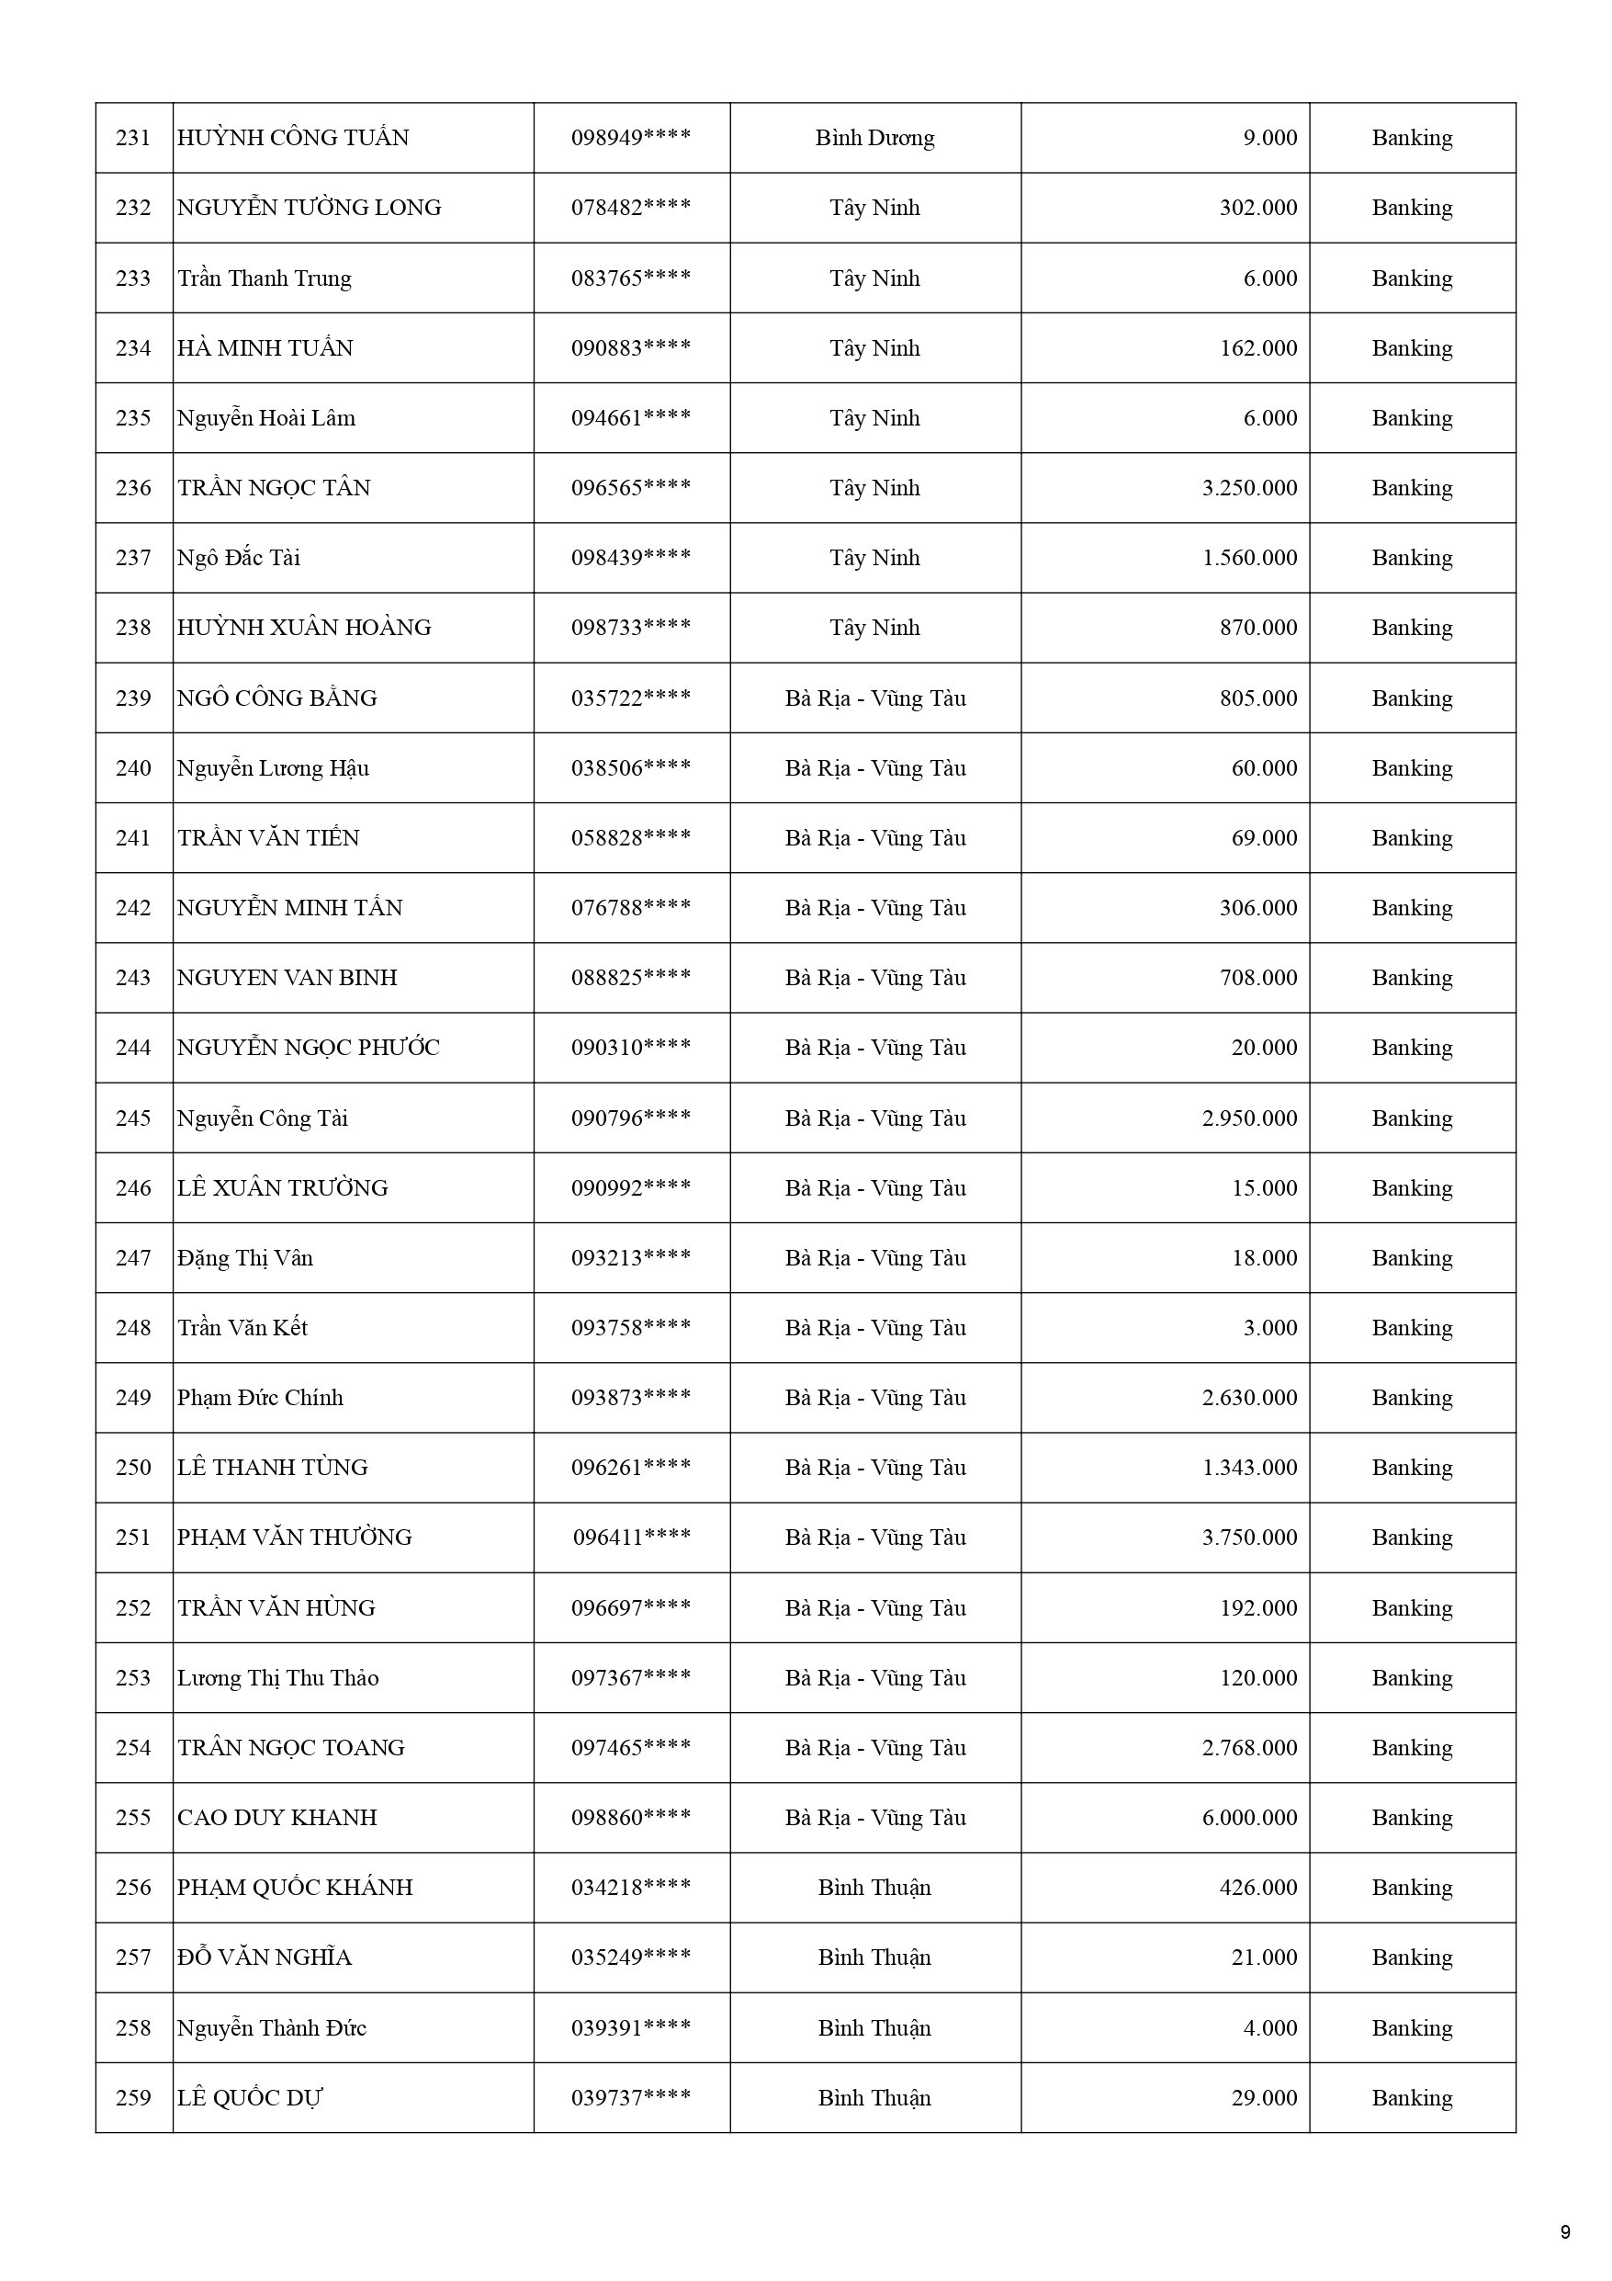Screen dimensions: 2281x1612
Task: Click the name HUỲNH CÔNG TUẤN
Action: point(293,138)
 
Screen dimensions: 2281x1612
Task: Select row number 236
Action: point(133,488)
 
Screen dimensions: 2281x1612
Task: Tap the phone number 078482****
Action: point(631,208)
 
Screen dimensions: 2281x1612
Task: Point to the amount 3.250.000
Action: point(1248,488)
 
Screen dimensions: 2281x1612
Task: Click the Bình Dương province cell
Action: point(874,138)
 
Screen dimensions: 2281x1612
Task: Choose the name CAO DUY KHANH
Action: point(277,1818)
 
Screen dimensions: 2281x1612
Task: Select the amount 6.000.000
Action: point(1248,1818)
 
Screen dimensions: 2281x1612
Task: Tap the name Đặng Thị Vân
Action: point(245,1259)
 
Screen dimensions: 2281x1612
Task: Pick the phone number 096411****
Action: point(632,1538)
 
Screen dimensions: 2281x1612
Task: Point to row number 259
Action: point(133,2098)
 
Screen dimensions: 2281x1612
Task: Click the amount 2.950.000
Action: point(1248,1118)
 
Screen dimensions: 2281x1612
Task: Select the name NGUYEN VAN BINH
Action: point(287,979)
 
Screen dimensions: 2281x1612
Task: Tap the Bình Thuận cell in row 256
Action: point(874,1888)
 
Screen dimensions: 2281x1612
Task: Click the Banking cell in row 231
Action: point(1412,138)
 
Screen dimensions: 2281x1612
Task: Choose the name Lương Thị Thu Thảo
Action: point(278,1678)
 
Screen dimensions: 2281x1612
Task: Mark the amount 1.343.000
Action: point(1248,1469)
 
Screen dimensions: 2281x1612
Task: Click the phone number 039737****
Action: point(631,2098)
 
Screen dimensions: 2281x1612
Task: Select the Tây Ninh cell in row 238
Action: point(874,628)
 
